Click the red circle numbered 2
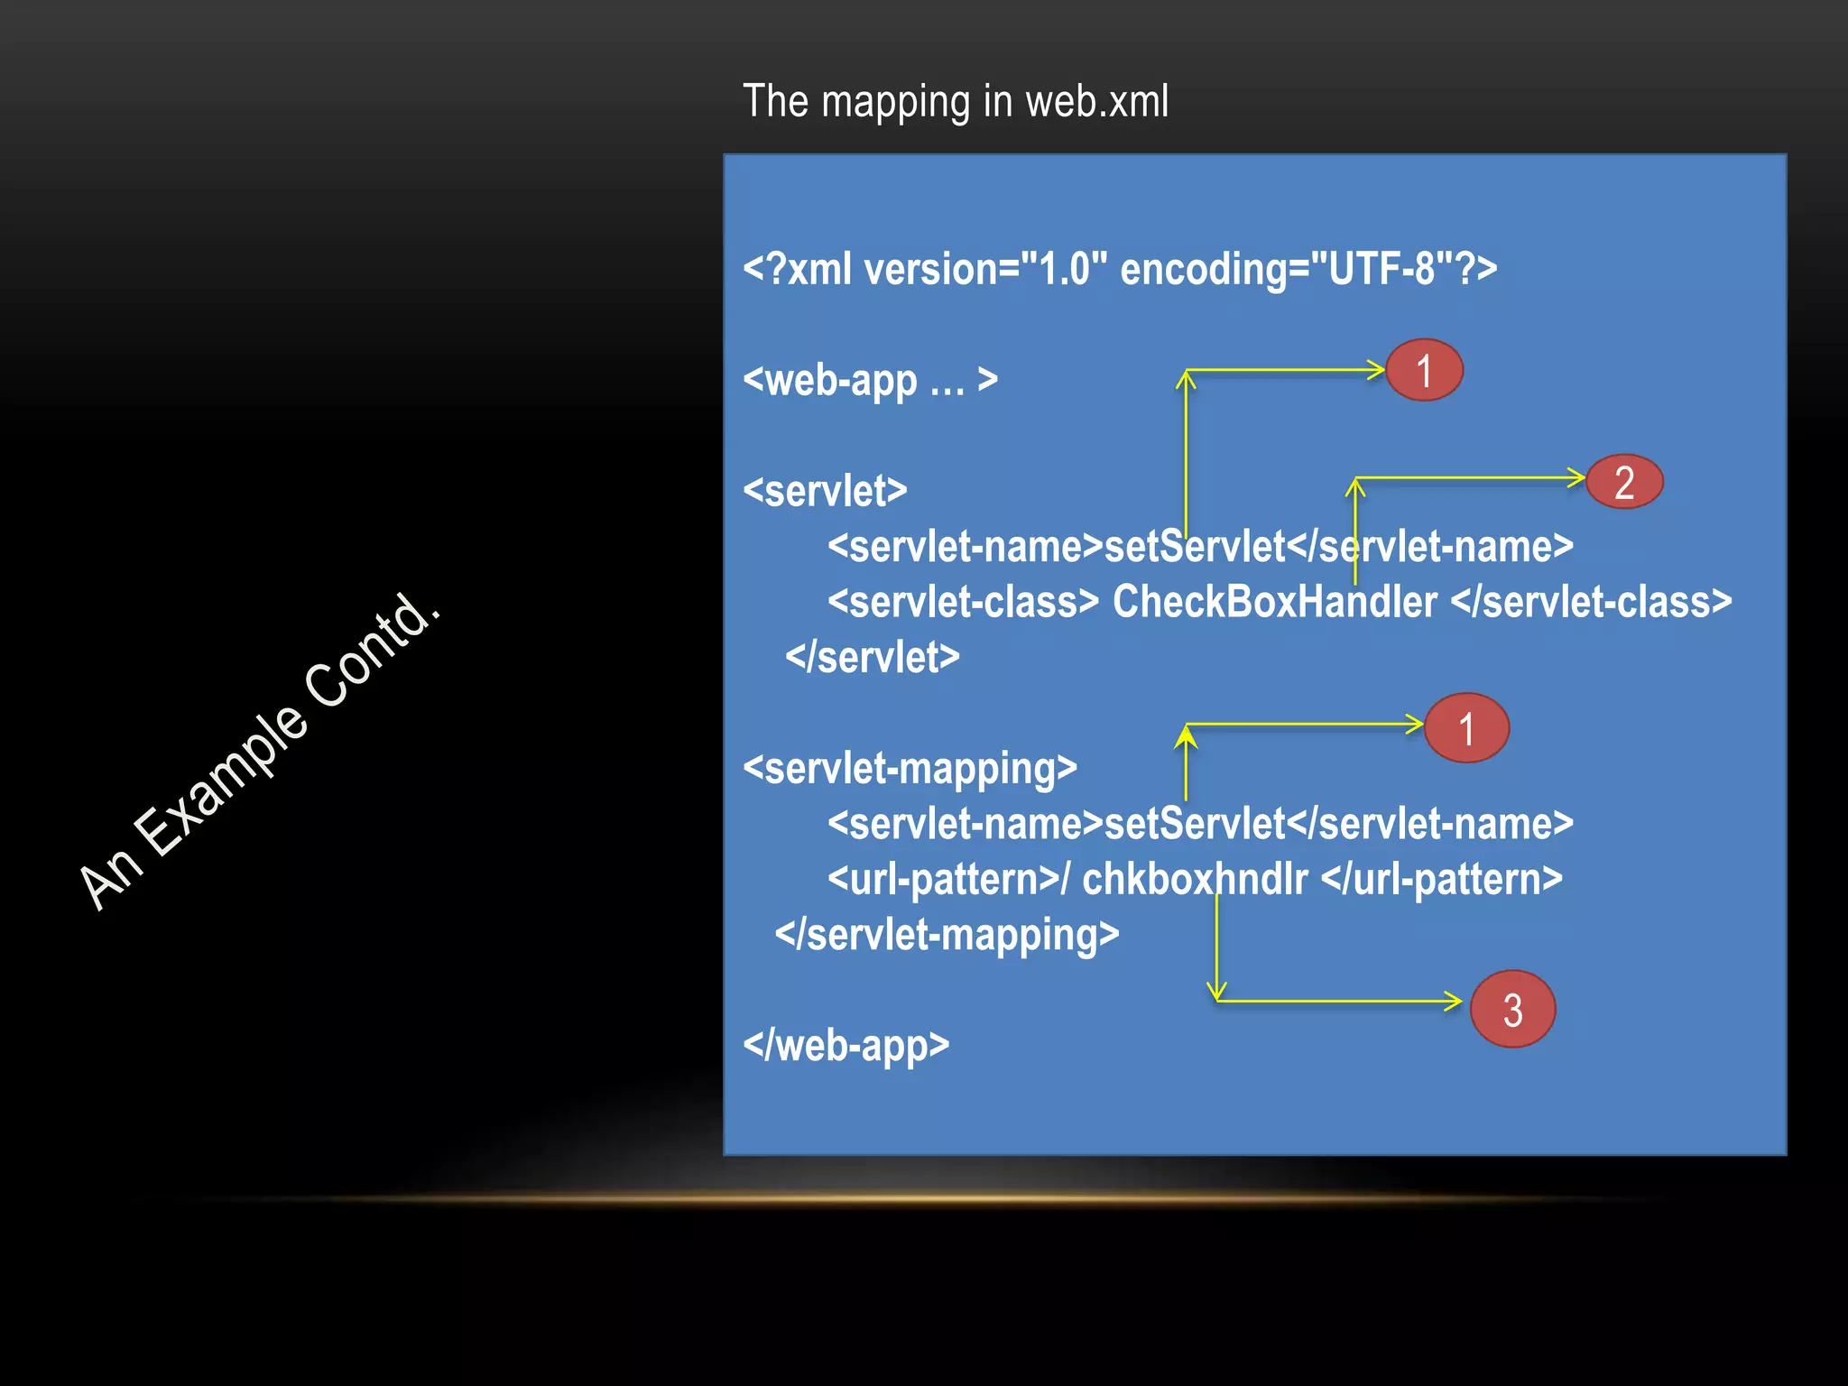[1624, 482]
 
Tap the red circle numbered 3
[1512, 1009]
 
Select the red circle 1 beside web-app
[1424, 371]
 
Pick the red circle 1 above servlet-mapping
[1466, 728]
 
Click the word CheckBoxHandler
[1274, 602]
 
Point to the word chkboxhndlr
[1194, 879]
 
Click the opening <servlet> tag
[825, 491]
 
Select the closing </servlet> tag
[872, 657]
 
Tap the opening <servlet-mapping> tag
[910, 769]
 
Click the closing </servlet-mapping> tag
[947, 935]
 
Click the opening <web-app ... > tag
[870, 380]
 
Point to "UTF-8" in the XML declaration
[1372, 269]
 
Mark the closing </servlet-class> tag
[1591, 602]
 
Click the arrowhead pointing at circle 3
[1454, 1001]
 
